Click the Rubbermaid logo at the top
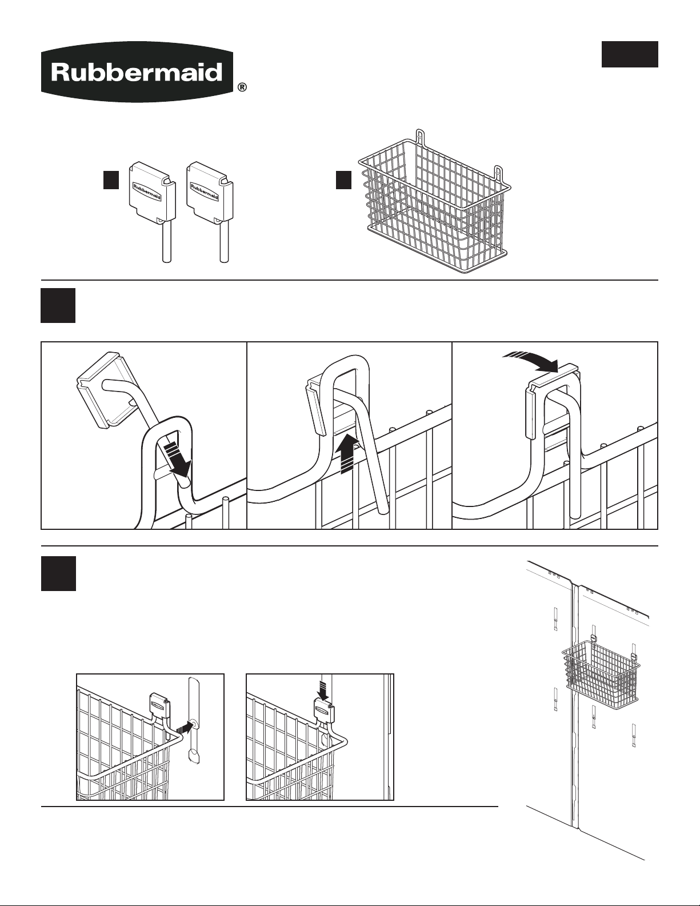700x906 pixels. coord(136,71)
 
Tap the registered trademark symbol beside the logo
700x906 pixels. coord(242,87)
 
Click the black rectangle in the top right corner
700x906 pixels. coord(630,54)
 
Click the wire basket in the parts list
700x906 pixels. coord(435,202)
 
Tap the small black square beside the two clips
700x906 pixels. coord(111,180)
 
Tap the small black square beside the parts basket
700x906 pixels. coord(344,180)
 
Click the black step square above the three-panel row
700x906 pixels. coord(58,305)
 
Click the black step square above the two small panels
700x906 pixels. coord(58,574)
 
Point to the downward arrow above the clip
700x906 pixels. coord(324,689)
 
